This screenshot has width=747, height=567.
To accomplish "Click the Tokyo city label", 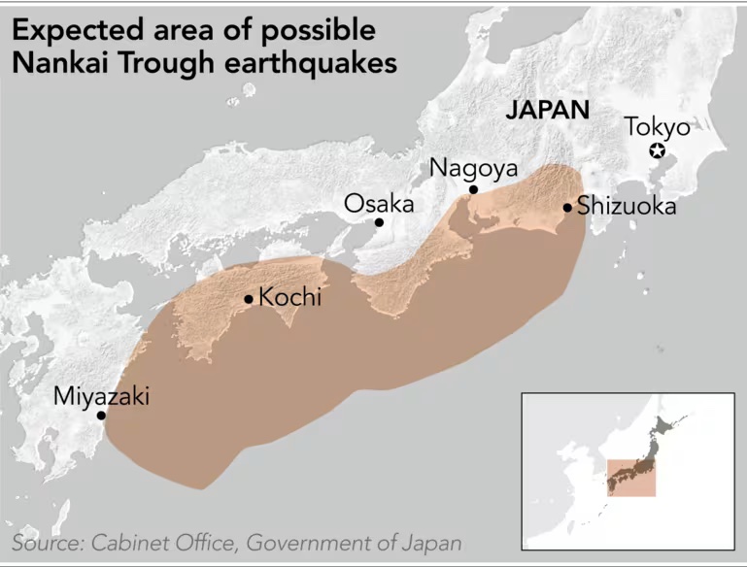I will pos(657,127).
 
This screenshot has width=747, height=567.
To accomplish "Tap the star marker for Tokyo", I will pos(658,150).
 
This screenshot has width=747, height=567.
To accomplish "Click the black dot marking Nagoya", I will pos(473,189).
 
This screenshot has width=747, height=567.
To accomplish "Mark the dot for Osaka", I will pos(379,222).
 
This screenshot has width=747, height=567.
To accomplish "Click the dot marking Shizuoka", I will pos(567,207).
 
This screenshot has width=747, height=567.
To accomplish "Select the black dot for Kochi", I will pos(250,299).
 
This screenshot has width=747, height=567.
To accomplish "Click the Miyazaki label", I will pos(101,396).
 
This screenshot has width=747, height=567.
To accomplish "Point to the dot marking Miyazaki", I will pos(101,416).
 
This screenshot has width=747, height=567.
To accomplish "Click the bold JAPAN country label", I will pos(548,109).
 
